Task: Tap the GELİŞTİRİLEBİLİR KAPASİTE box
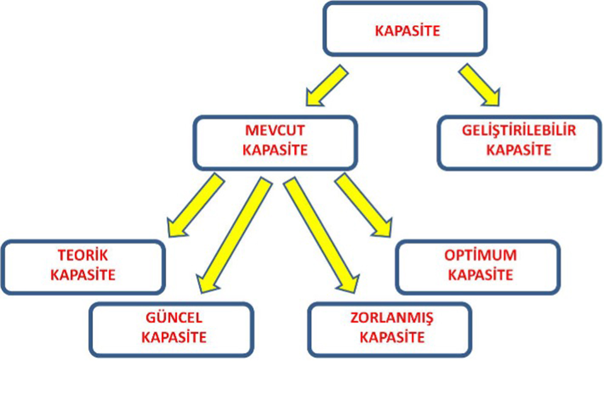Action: coord(519,142)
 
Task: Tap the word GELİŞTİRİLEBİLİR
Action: coord(519,132)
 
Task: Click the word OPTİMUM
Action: coord(480,255)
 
